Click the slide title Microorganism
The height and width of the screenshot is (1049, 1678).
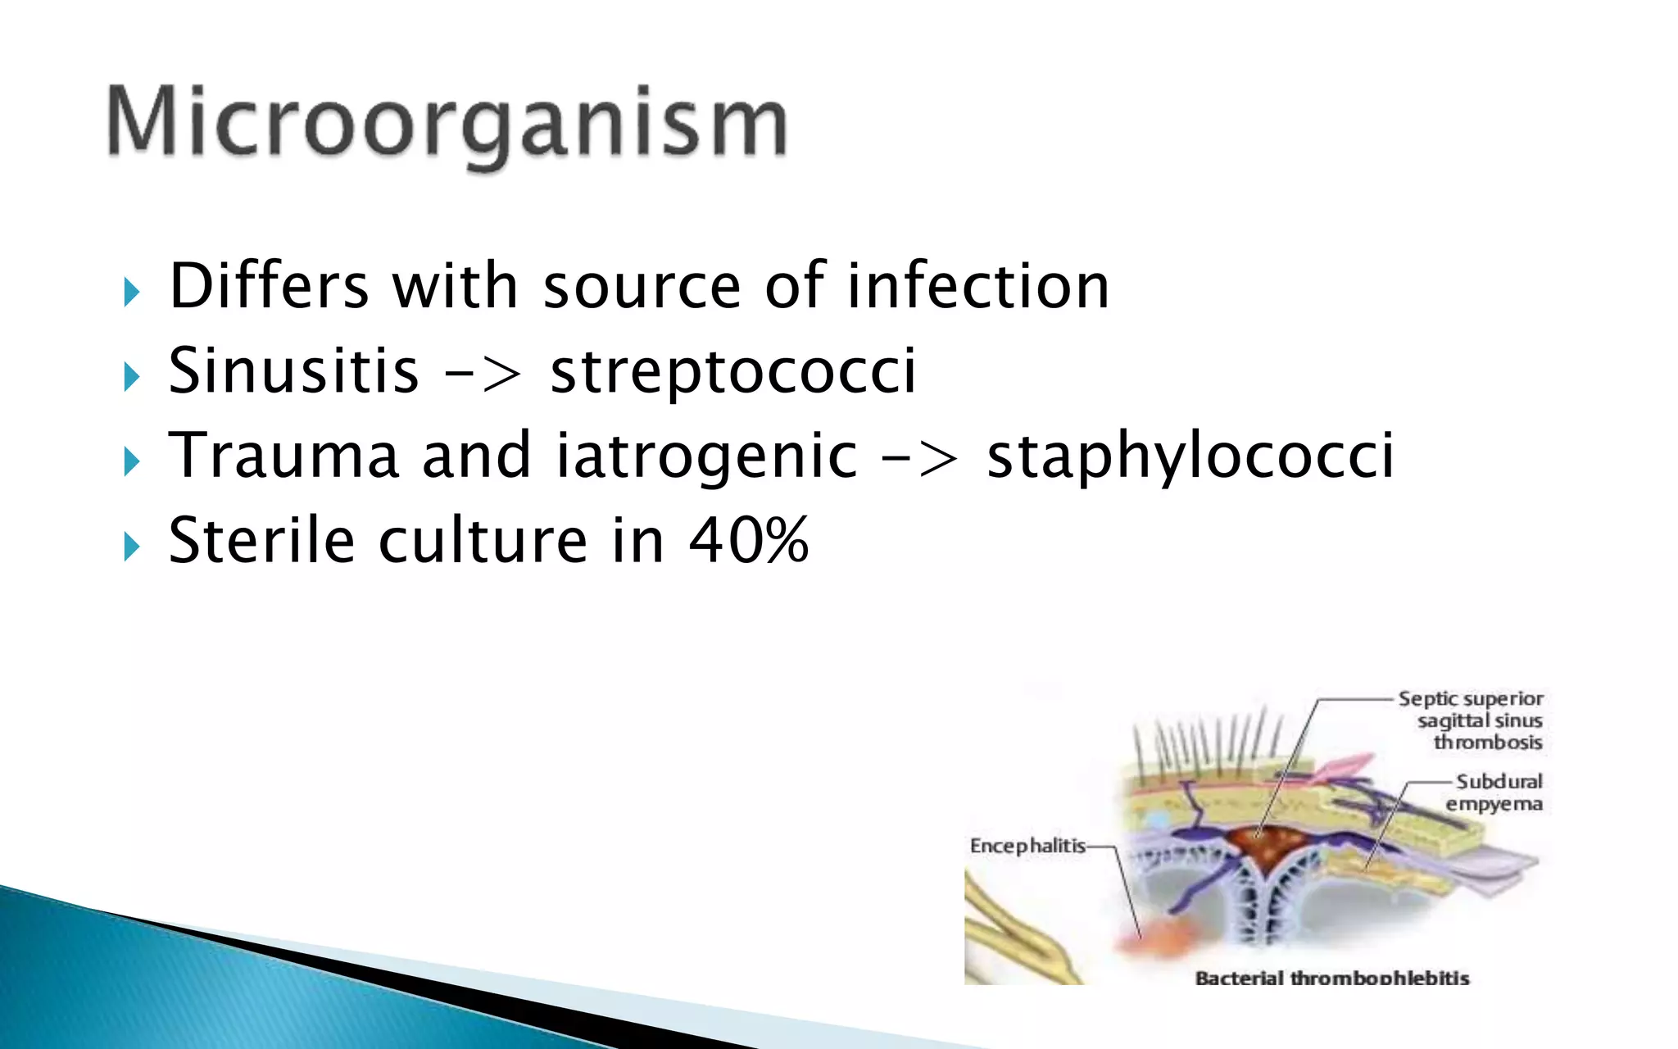click(x=447, y=124)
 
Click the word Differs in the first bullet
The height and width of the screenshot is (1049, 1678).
click(x=269, y=286)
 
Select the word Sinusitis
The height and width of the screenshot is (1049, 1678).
click(x=293, y=370)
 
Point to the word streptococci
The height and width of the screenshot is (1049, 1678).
click(x=732, y=372)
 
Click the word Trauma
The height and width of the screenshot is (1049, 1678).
click(x=283, y=456)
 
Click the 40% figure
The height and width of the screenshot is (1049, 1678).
click(x=748, y=540)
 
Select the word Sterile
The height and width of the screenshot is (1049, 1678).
click(x=261, y=540)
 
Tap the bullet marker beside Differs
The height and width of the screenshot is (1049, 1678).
click(x=132, y=292)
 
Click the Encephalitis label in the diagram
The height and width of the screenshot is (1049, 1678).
click(x=1027, y=845)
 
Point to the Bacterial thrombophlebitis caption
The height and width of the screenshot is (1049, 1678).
click(x=1332, y=977)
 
